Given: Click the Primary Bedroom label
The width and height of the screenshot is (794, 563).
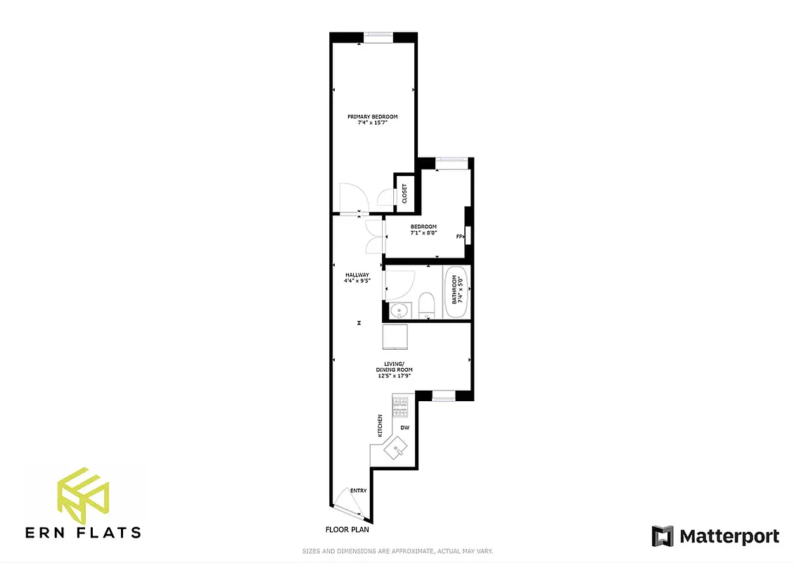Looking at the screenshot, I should [x=373, y=120].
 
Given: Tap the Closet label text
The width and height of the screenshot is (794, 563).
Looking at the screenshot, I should [x=404, y=194].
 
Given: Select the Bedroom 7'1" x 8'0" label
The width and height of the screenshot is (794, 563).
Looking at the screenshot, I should [x=424, y=229].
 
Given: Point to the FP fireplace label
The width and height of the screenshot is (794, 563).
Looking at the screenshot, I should [x=459, y=236].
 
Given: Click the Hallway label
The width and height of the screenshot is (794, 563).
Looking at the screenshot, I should [x=357, y=279].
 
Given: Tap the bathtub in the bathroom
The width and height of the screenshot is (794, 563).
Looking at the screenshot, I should [x=456, y=290].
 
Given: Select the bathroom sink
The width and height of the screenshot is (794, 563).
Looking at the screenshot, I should [x=400, y=310].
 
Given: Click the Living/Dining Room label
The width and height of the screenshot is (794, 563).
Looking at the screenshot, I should [x=394, y=372].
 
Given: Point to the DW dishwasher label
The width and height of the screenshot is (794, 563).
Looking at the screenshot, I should [x=405, y=427].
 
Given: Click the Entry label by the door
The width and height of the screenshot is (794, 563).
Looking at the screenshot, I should [x=359, y=490].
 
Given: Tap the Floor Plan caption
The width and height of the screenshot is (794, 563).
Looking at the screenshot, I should [x=347, y=529].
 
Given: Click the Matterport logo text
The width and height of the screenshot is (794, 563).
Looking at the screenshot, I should [x=729, y=536].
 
